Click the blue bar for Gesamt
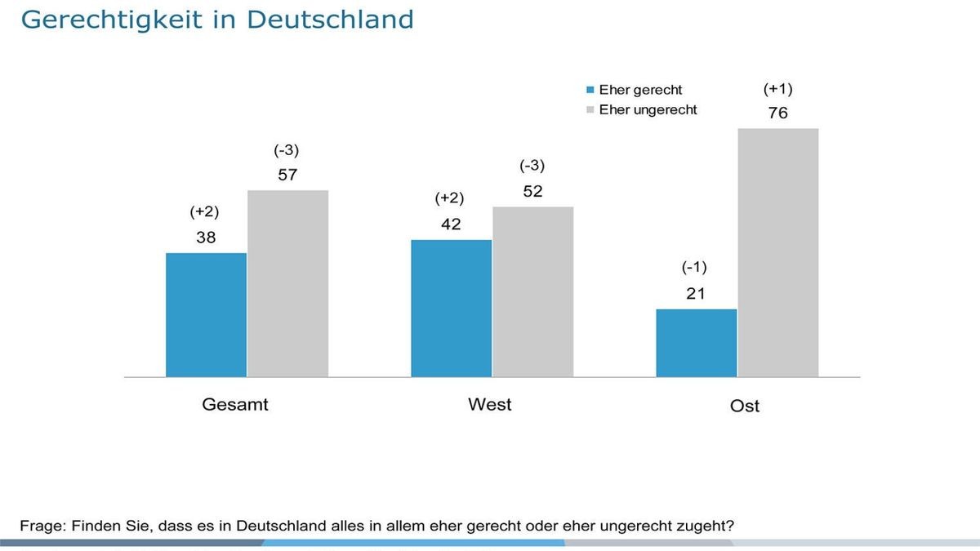click(x=206, y=315)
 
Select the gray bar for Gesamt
click(x=287, y=283)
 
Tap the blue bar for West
click(x=451, y=309)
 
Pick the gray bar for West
click(x=532, y=291)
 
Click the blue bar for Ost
click(x=696, y=343)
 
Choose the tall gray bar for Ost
click(x=777, y=252)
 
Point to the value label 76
click(x=777, y=113)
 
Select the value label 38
click(x=206, y=238)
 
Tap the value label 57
click(x=287, y=176)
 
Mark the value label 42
click(x=451, y=224)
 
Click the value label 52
click(x=532, y=192)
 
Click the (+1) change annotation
click(x=777, y=88)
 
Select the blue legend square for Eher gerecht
click(x=590, y=91)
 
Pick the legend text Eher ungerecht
click(x=648, y=109)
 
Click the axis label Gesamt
click(x=235, y=404)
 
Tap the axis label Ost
click(x=744, y=406)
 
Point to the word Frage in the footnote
click(x=41, y=525)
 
